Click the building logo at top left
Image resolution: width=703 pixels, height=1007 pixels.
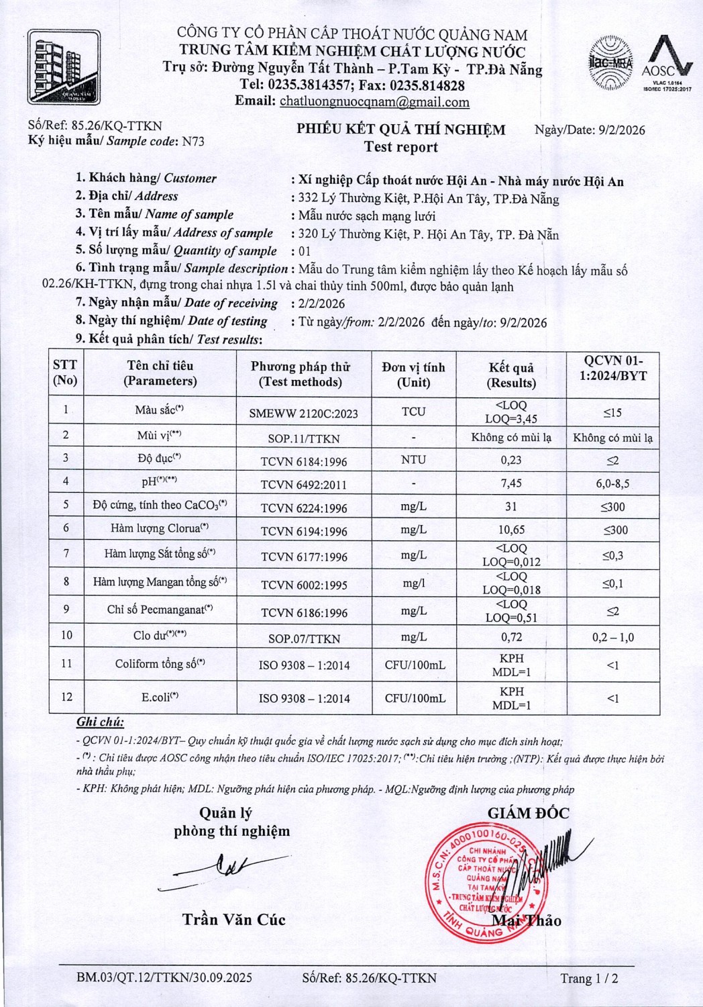coord(64,68)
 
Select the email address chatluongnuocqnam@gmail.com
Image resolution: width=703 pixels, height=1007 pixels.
coord(374,102)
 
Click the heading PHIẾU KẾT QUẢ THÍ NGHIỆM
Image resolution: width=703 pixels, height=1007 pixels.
coord(401,130)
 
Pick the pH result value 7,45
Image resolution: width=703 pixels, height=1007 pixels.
coord(511,483)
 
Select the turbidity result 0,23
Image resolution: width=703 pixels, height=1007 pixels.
coord(511,460)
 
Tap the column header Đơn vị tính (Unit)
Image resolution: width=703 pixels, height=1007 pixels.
coord(413,375)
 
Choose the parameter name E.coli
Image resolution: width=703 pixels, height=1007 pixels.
coord(160,698)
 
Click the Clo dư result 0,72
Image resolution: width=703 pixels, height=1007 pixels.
coord(511,637)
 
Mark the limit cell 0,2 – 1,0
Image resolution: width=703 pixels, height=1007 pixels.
coord(612,637)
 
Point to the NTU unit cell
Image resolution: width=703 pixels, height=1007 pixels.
coord(413,460)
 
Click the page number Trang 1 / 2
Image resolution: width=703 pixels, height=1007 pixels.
coord(589,978)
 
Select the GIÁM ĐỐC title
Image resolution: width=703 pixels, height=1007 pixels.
coord(528,813)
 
